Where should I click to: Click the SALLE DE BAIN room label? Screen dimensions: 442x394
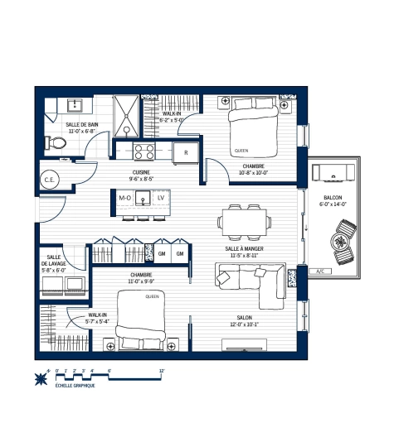[x=81, y=124]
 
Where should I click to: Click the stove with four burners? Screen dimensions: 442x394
[x=143, y=151]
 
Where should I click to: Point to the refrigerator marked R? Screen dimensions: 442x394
[x=186, y=152]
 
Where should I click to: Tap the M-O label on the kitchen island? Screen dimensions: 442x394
[x=125, y=199]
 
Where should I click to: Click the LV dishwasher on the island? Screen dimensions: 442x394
[x=161, y=199]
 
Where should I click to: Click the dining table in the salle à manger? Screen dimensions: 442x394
[x=244, y=220]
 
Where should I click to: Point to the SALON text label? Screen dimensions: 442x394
[x=244, y=317]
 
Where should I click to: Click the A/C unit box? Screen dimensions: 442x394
[x=319, y=271]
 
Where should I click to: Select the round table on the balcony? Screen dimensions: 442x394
[x=340, y=242]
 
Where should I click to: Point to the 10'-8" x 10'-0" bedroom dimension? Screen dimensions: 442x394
[x=254, y=173]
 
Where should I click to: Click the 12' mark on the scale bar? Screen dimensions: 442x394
[x=162, y=371]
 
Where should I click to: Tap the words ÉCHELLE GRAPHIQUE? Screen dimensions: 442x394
[x=75, y=387]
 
